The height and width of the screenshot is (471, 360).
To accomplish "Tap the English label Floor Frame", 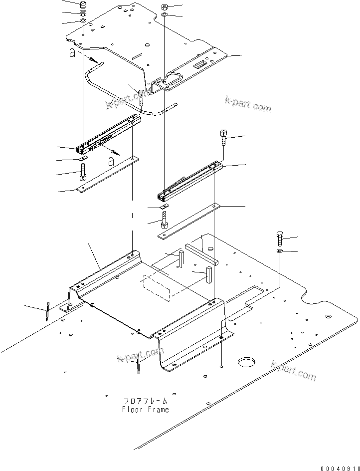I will pyautogui.click(x=145, y=410).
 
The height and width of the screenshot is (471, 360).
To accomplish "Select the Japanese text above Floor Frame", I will pyautogui.click(x=145, y=401).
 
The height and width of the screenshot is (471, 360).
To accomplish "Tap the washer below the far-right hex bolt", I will pyautogui.click(x=280, y=249).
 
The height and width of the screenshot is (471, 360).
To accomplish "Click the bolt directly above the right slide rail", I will pyautogui.click(x=223, y=136).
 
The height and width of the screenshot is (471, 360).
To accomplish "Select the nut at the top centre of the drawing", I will pyautogui.click(x=165, y=7).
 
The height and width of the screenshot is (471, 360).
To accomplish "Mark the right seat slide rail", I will pyautogui.click(x=189, y=180).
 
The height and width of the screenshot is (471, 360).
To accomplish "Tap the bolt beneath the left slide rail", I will pyautogui.click(x=83, y=175).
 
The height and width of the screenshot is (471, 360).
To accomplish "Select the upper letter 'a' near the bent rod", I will pyautogui.click(x=73, y=53).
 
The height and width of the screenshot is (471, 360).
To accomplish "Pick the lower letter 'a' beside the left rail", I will pyautogui.click(x=111, y=161).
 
